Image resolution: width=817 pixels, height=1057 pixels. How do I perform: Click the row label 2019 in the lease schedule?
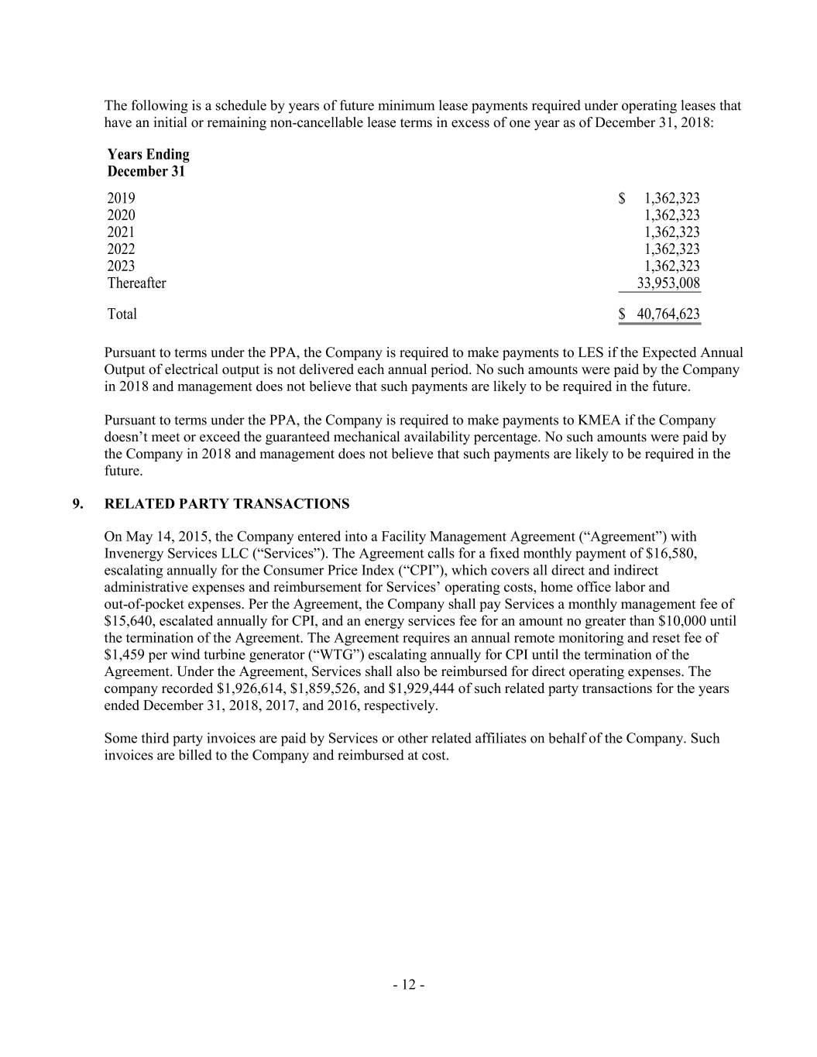pyautogui.click(x=121, y=198)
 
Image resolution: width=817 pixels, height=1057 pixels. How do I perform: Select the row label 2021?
pyautogui.click(x=121, y=232)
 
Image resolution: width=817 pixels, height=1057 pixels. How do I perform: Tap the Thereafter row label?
pyautogui.click(x=136, y=283)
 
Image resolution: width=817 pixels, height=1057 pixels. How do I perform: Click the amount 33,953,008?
pyautogui.click(x=668, y=283)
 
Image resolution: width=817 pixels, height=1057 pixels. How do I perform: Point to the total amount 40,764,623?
pyautogui.click(x=668, y=314)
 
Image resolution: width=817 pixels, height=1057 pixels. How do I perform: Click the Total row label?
pyautogui.click(x=122, y=314)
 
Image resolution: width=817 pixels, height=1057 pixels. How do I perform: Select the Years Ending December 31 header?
pyautogui.click(x=148, y=163)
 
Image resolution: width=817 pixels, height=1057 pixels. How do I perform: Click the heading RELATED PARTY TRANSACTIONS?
pyautogui.click(x=227, y=504)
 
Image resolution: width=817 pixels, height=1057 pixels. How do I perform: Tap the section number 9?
pyautogui.click(x=77, y=504)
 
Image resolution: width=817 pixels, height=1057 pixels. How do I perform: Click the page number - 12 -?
pyautogui.click(x=408, y=985)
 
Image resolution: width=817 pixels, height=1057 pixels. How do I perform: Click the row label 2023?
pyautogui.click(x=121, y=266)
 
